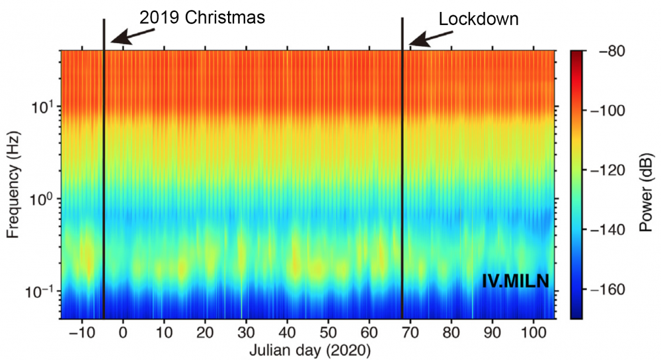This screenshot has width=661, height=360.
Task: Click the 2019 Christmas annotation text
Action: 202,18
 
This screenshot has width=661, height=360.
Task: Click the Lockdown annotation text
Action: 479,19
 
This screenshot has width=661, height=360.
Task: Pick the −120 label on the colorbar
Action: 605,170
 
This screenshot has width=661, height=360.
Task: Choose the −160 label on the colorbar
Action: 605,290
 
